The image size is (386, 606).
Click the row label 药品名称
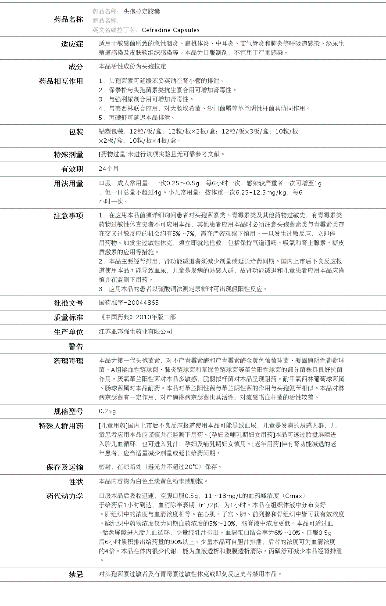(x=68, y=19)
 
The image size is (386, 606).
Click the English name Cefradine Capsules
(x=171, y=30)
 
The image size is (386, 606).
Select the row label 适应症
(x=72, y=44)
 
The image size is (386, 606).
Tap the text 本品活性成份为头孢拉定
(x=132, y=66)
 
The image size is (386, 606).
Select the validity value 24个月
(x=109, y=169)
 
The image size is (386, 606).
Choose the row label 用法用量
(x=68, y=184)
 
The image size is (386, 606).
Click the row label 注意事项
(x=68, y=216)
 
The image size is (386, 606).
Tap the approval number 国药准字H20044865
(x=129, y=303)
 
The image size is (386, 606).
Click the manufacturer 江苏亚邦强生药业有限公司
(x=136, y=332)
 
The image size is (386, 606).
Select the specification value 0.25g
(x=107, y=411)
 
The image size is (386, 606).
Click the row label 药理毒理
(x=68, y=361)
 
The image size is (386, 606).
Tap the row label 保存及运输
(x=65, y=467)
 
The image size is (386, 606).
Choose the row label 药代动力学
(x=65, y=496)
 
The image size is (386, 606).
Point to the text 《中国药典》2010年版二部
(x=137, y=317)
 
